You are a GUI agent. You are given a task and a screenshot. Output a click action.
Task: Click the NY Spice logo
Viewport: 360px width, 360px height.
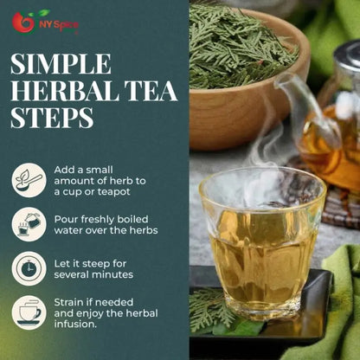(45, 22)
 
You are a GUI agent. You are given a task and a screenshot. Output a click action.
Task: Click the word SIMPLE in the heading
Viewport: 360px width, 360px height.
(61, 64)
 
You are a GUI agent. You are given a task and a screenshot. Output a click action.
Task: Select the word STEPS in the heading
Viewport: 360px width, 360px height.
(52, 118)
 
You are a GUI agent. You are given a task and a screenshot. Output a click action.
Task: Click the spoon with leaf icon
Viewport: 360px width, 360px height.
(29, 180)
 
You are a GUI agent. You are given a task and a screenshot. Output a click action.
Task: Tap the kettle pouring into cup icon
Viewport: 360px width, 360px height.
(29, 224)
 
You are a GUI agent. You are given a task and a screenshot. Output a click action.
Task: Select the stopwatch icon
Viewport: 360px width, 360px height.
(29, 268)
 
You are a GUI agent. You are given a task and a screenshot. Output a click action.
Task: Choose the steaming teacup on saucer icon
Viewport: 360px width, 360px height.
(29, 312)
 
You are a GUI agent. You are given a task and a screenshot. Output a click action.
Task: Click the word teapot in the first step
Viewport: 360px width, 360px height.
(114, 192)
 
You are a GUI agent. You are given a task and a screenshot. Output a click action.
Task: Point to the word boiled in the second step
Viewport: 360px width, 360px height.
(132, 219)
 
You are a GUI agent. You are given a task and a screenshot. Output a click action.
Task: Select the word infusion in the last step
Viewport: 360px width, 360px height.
(75, 324)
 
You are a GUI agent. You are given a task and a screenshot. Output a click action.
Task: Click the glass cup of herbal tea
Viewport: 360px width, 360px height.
(262, 242)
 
